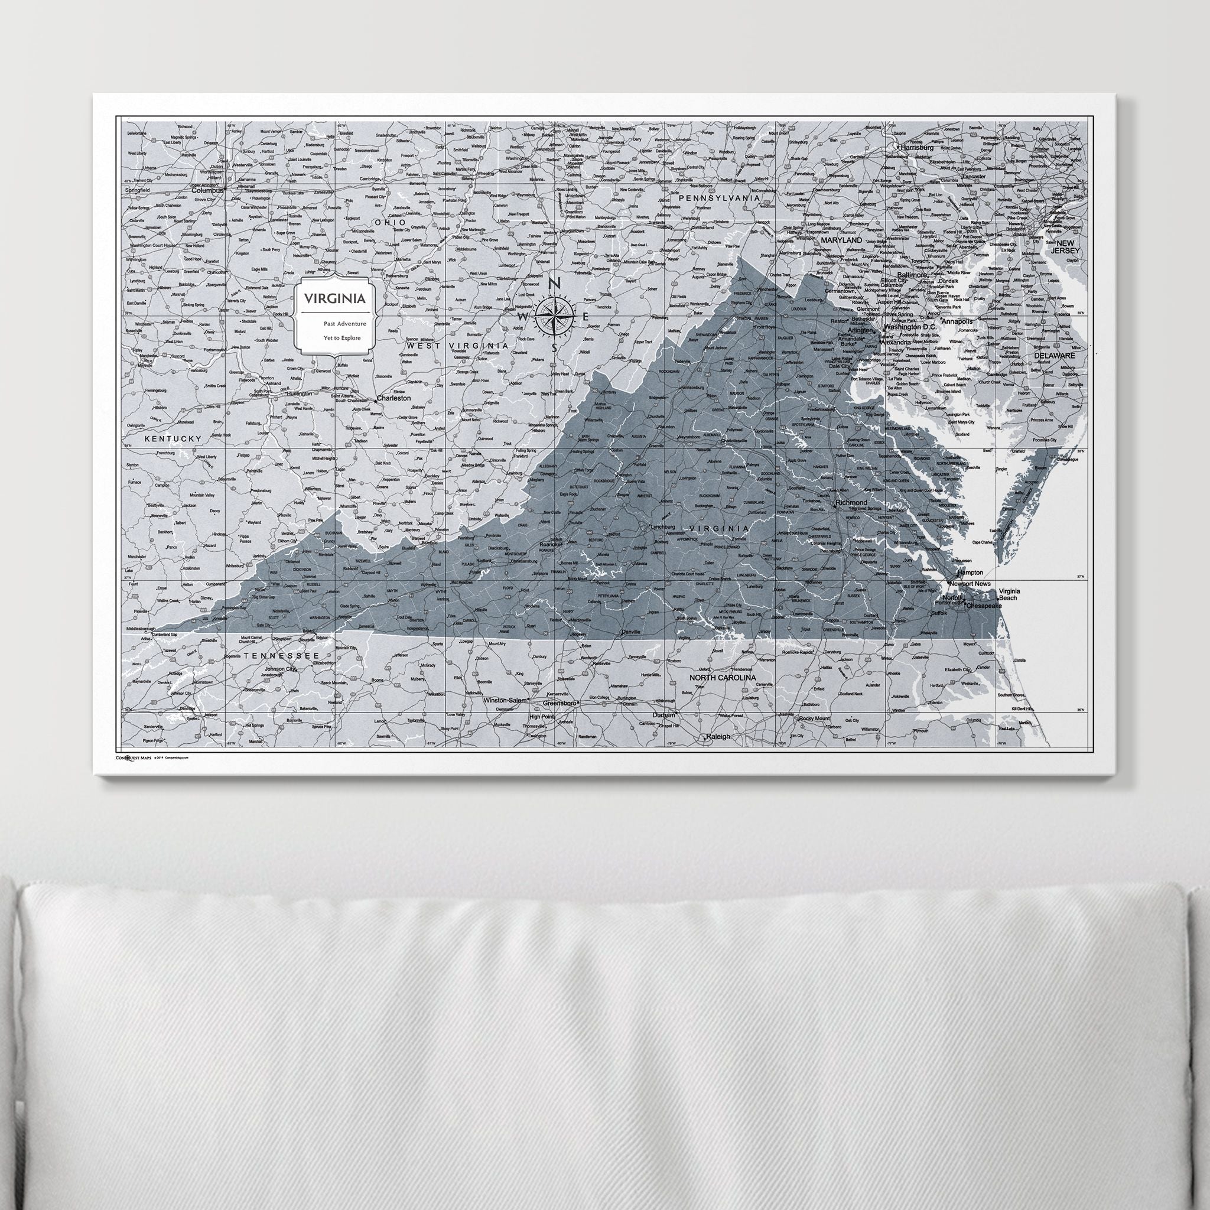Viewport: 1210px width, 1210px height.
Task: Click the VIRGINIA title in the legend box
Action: [x=335, y=299]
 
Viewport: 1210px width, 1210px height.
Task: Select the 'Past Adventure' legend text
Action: [x=335, y=324]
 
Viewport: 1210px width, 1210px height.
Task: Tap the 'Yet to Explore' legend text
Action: [x=335, y=338]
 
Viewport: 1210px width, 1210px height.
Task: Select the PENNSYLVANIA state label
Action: [x=718, y=198]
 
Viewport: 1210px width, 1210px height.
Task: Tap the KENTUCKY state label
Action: [x=174, y=439]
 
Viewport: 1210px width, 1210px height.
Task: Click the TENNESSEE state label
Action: [x=282, y=655]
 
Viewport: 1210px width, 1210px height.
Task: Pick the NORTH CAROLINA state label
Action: [x=722, y=678]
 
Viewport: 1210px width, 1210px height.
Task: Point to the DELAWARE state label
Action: [x=1054, y=355]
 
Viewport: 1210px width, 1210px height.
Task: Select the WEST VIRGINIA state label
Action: [x=458, y=345]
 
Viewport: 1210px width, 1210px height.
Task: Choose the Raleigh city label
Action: [x=718, y=737]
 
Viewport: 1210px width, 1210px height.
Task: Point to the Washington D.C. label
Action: [x=911, y=327]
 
